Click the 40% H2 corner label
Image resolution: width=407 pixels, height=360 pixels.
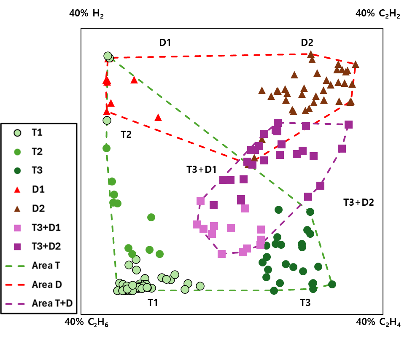coord(86,13)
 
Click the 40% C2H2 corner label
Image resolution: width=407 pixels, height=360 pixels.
coord(378,13)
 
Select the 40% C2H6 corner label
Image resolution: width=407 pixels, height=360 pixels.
coord(86,322)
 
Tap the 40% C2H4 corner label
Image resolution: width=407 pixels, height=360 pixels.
coord(378,322)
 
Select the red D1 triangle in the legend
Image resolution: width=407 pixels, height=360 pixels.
coord(17,190)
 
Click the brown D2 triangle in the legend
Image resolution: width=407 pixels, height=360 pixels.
coord(17,209)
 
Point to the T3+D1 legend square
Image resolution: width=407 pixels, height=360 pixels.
coord(17,228)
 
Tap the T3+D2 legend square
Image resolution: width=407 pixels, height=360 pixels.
coord(17,246)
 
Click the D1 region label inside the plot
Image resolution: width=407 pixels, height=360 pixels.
coord(165,42)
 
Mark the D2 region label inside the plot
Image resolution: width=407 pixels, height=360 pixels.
coord(307,42)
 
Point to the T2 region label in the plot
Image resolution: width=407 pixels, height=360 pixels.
coord(126,135)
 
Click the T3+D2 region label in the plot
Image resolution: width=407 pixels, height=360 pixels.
coord(358,202)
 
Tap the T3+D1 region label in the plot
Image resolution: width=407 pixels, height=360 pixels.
coord(201,170)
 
